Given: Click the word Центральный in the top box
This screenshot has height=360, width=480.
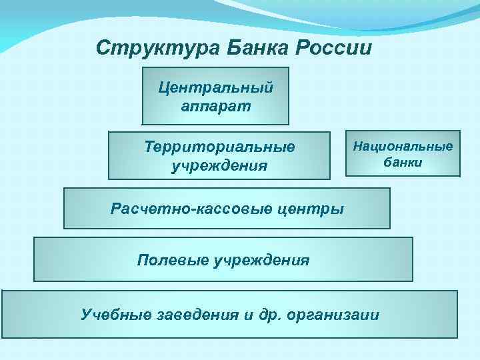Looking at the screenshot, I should (x=215, y=87).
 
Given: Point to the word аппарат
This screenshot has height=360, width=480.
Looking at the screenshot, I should (x=215, y=106).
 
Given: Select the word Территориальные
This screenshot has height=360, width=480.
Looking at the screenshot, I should (x=219, y=146).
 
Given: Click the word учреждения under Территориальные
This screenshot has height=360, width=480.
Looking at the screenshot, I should (x=219, y=165).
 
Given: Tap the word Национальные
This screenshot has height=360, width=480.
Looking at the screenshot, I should (x=403, y=145).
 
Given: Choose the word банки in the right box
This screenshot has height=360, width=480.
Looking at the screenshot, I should (x=403, y=163).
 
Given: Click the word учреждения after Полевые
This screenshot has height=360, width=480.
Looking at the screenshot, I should (x=261, y=259).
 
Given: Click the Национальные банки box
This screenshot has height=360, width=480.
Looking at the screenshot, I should (x=403, y=153).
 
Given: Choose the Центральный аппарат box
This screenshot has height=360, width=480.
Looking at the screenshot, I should (x=215, y=96).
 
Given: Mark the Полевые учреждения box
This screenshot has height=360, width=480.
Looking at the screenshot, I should (x=223, y=259).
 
